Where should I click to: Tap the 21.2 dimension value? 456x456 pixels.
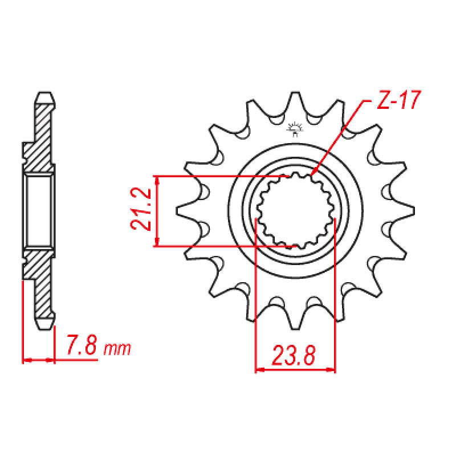pos(141,211)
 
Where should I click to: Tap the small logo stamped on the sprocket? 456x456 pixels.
pos(296,130)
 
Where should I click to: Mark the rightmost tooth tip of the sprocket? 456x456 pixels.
pos(412,210)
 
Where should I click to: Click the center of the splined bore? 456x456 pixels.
pos(295,210)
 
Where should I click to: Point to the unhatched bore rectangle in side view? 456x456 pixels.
pos(39,210)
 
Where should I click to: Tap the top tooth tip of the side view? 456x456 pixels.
pos(46,93)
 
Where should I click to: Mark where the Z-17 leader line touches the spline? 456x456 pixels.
pos(313,174)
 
